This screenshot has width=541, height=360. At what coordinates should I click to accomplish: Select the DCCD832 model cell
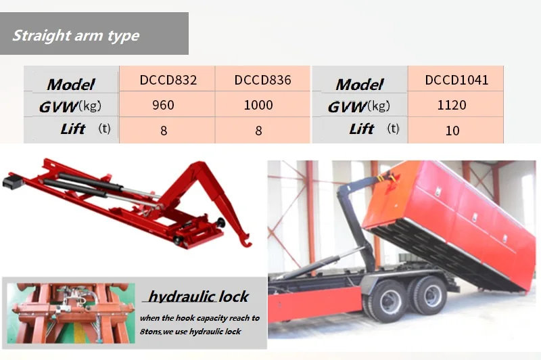click(168, 80)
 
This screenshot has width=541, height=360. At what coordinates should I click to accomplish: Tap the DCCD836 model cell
click(262, 80)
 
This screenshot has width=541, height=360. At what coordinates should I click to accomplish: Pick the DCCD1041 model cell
click(456, 80)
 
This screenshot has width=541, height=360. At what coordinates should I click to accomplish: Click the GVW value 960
click(164, 105)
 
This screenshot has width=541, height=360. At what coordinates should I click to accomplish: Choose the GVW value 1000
click(258, 105)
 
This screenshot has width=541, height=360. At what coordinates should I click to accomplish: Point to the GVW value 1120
click(452, 105)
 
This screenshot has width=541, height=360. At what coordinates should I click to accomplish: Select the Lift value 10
click(452, 130)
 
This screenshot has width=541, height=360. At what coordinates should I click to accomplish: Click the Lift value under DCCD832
click(164, 131)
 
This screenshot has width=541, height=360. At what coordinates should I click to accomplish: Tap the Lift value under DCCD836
click(258, 131)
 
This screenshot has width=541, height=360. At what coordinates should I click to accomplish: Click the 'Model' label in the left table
click(71, 85)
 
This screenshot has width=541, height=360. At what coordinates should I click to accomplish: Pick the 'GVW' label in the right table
click(348, 107)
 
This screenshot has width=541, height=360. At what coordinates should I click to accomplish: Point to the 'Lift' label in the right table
click(362, 129)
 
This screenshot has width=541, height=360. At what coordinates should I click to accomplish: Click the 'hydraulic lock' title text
click(198, 296)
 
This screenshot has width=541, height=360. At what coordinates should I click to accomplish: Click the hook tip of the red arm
click(247, 241)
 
